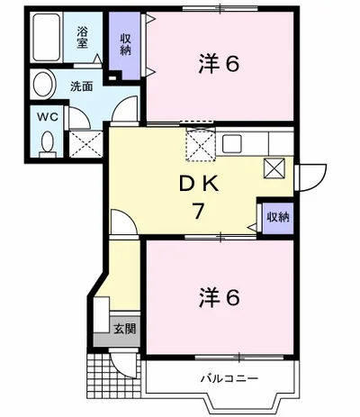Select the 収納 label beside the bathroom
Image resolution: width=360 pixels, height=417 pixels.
point(126,42)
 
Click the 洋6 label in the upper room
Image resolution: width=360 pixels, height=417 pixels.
point(218,65)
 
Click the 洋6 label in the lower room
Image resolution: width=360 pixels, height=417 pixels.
point(218,296)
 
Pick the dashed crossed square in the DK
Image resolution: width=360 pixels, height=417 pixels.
point(197,141)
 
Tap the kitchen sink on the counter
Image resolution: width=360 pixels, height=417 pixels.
point(232,141)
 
